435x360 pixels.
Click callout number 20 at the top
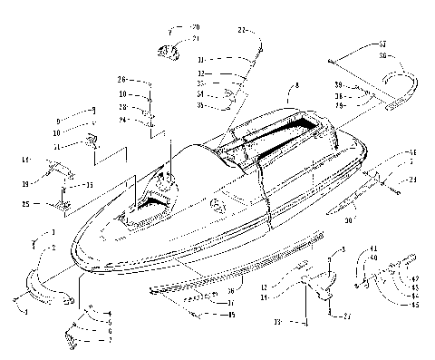pyautogui.click(x=195, y=28)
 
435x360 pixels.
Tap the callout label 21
pyautogui.click(x=195, y=39)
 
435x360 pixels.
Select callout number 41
pyautogui.click(x=373, y=248)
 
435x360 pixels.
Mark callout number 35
pyautogui.click(x=199, y=105)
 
